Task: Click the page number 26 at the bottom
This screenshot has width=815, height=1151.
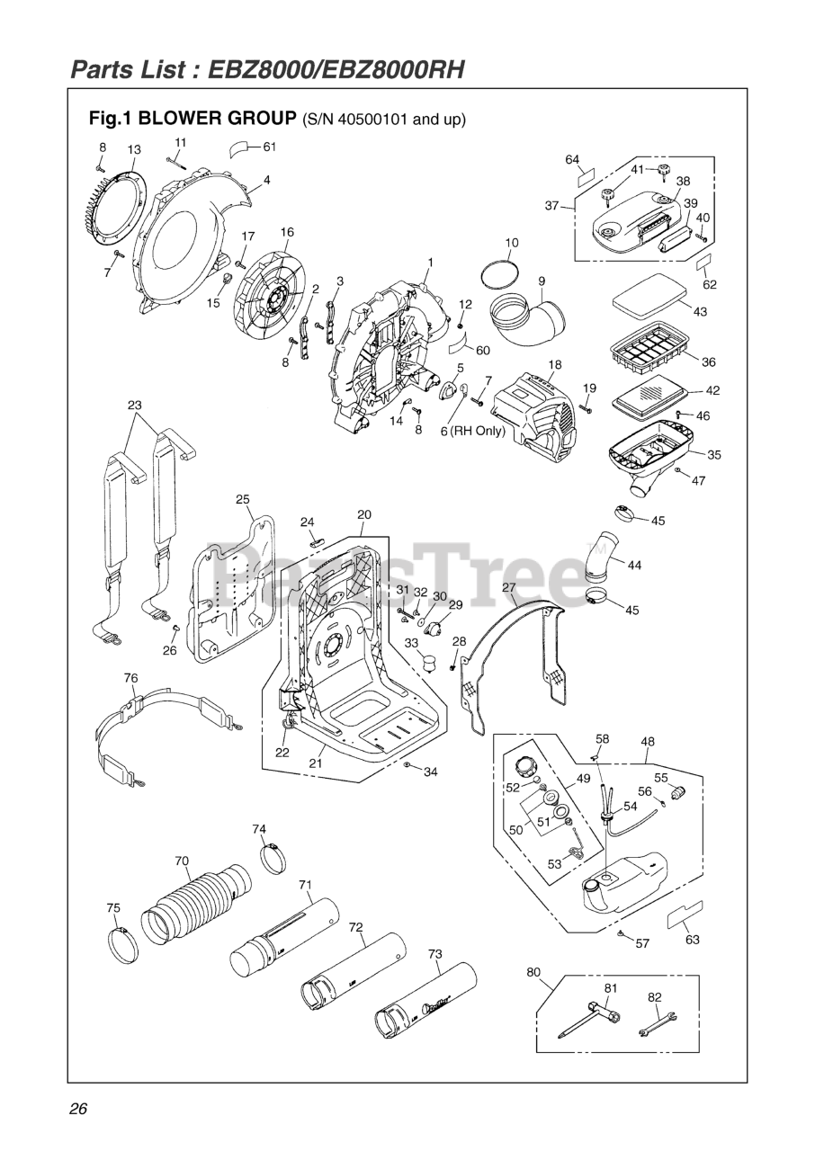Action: coord(77,1108)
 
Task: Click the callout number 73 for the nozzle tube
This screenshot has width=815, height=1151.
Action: coord(435,953)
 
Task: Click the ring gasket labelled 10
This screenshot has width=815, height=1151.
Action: coord(501,272)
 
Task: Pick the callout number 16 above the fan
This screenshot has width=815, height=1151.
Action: coord(287,232)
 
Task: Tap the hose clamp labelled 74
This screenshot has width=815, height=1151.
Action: coord(276,856)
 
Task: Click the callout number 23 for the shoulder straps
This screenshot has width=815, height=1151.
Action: coord(135,406)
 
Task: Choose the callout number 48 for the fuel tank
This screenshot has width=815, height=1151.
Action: coord(648,742)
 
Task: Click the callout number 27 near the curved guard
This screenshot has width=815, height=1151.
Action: coord(509,587)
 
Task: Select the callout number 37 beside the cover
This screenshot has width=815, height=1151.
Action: coord(552,206)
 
